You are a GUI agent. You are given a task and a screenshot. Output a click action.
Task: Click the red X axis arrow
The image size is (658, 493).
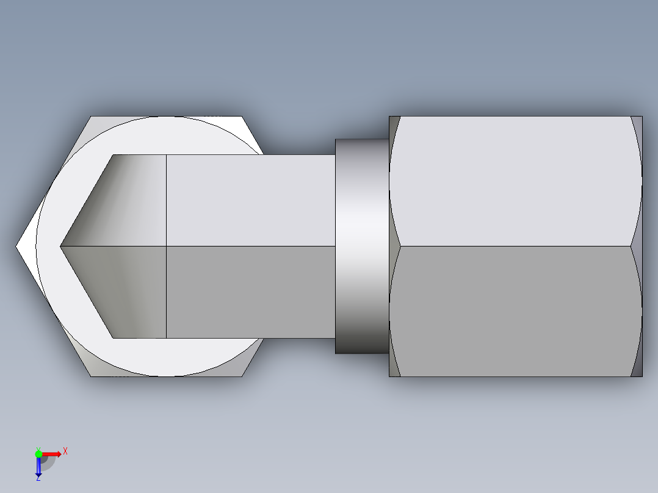52,453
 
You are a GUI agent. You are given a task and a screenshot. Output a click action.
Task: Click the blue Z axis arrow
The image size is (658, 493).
38,466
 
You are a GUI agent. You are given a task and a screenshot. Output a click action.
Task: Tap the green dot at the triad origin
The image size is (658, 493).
38,453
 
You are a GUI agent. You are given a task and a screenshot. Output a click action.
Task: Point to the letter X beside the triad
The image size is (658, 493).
65,452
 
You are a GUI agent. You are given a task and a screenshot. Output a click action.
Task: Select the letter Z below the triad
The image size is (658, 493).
38,478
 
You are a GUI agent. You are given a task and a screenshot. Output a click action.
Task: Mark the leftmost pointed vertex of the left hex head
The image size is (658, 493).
16,246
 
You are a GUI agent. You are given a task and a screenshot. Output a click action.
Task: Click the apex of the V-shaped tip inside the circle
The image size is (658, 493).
60,246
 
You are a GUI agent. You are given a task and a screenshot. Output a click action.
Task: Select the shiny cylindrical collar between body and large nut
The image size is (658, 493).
361,246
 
